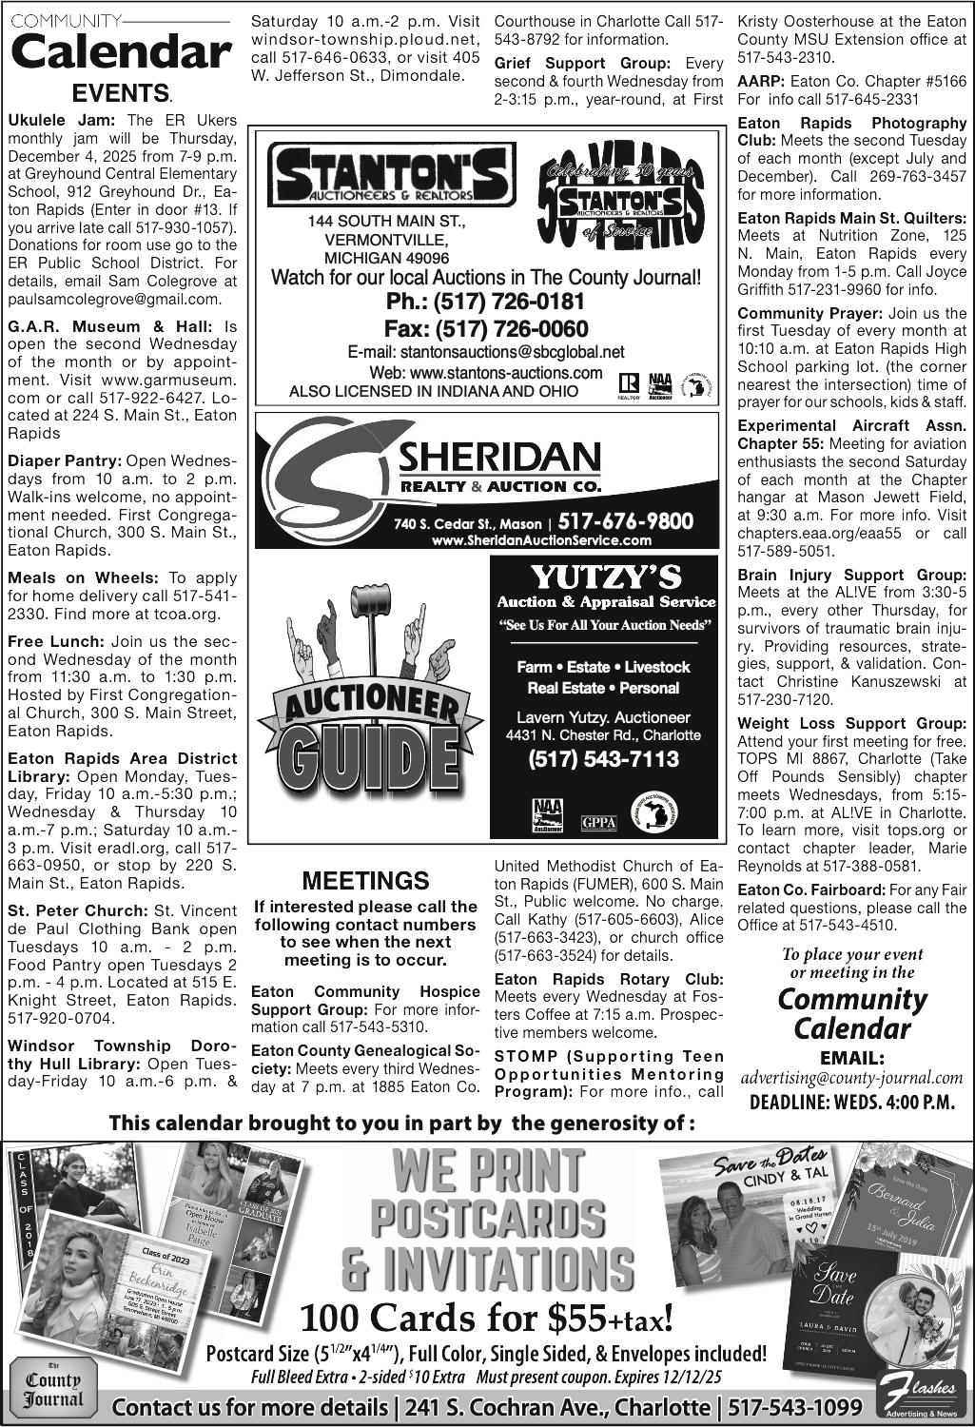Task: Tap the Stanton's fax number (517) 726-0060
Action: (x=485, y=329)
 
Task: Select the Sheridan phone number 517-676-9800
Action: (x=625, y=521)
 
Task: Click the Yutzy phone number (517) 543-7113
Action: (x=604, y=758)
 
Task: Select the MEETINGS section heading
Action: (x=365, y=881)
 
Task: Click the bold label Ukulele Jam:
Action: (x=62, y=121)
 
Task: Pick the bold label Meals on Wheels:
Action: (x=83, y=577)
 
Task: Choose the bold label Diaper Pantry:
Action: (x=64, y=460)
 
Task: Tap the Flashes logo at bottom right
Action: (x=919, y=1397)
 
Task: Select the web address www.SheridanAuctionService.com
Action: (x=541, y=540)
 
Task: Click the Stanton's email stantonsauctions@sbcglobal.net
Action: (x=485, y=352)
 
